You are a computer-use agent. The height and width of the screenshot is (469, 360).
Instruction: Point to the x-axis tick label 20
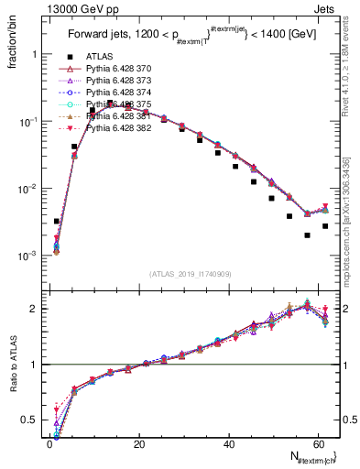tap(138, 445)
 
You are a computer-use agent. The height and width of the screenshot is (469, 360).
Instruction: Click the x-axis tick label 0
tap(49, 445)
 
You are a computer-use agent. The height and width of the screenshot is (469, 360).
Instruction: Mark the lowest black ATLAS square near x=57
tap(307, 235)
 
